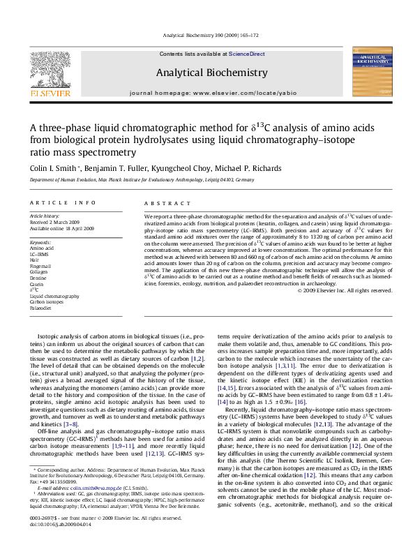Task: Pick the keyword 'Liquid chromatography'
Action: click(54, 297)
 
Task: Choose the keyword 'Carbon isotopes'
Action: click(46, 303)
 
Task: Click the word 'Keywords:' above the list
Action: click(40, 241)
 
